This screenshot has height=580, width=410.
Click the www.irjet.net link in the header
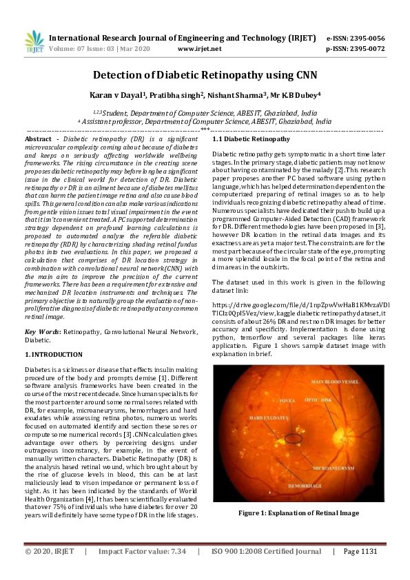(199, 49)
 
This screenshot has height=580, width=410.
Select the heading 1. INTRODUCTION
(54, 354)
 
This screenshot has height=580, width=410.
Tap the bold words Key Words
(41, 331)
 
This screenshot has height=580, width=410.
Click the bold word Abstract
(39, 139)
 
